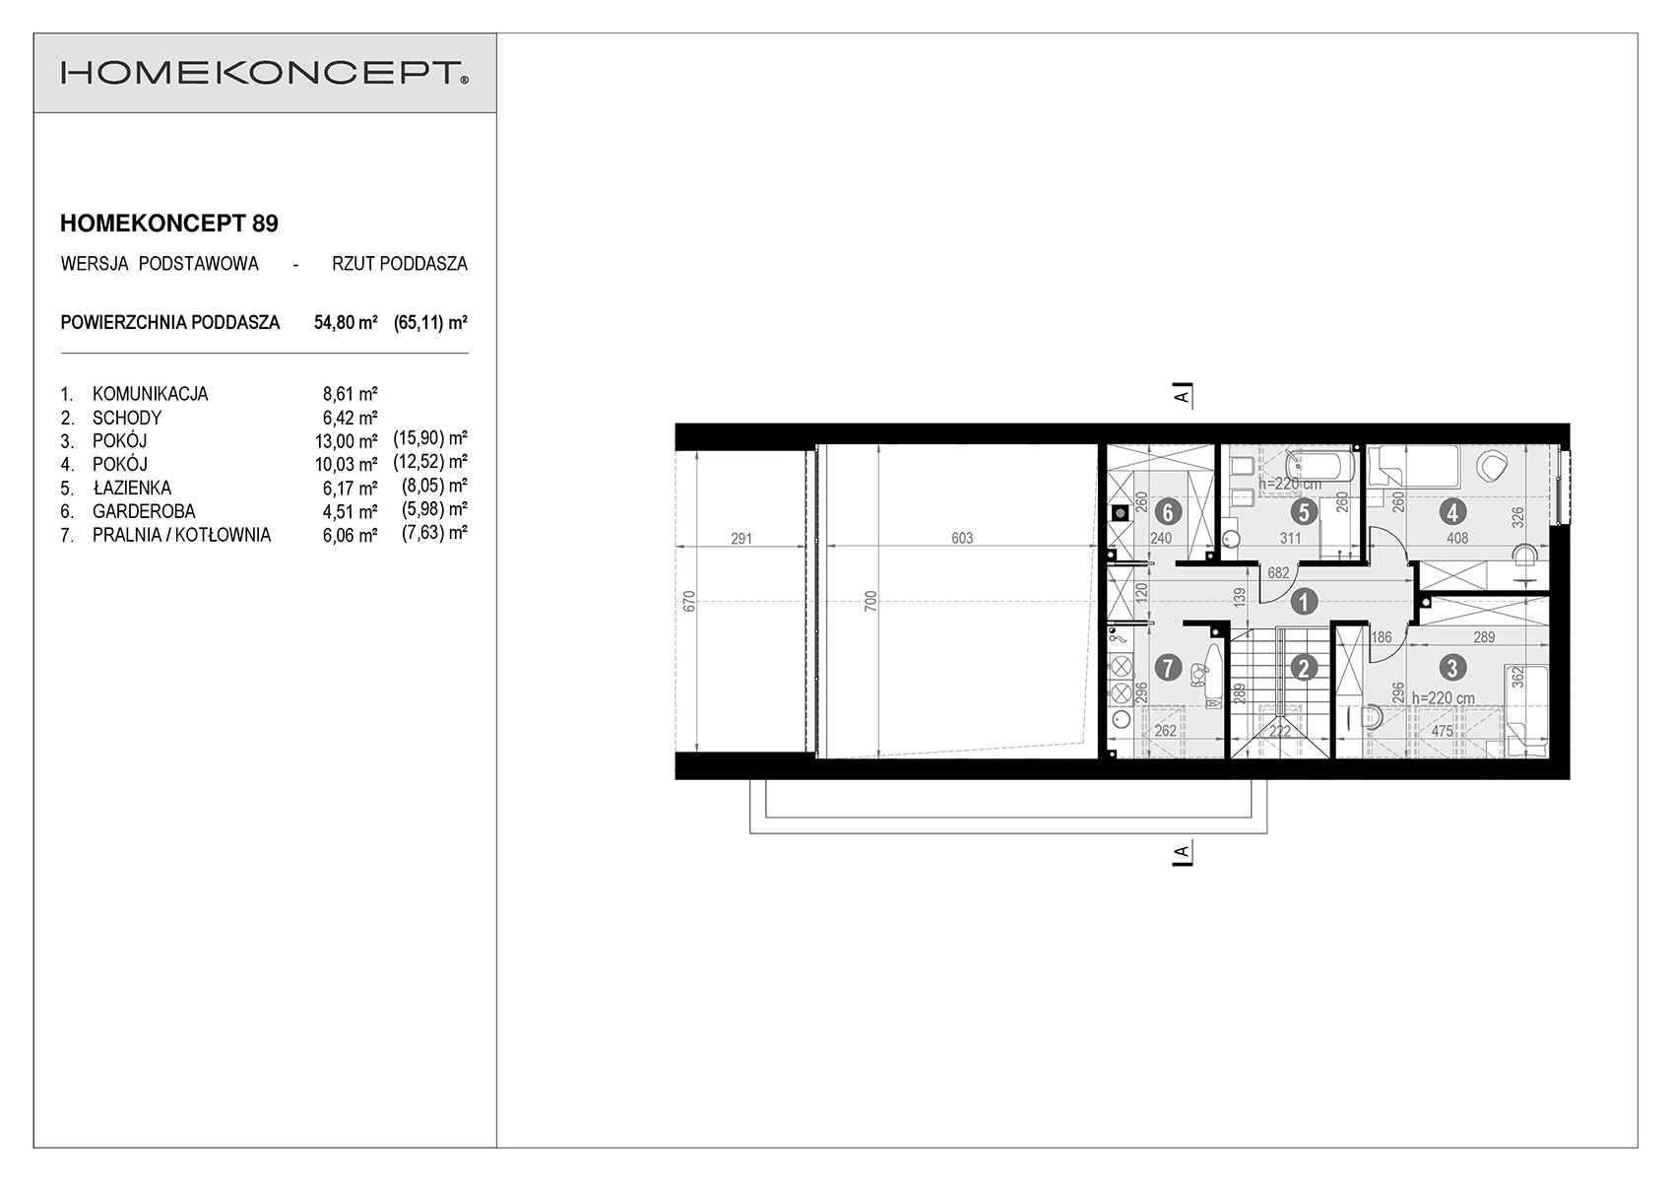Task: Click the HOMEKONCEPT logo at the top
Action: point(264,73)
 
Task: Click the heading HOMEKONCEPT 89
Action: point(169,224)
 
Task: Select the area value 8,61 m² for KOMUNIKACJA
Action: point(351,393)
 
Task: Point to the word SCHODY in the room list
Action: point(127,418)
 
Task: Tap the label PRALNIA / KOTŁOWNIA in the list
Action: point(181,536)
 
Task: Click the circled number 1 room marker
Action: point(1304,601)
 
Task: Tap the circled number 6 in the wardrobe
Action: point(1168,512)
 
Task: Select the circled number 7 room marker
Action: point(1168,668)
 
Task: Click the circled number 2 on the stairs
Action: point(1304,668)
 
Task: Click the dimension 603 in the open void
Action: point(962,538)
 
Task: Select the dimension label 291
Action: point(741,539)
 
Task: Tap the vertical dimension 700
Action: point(870,602)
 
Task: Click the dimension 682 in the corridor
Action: point(1278,573)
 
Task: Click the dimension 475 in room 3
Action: point(1443,731)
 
